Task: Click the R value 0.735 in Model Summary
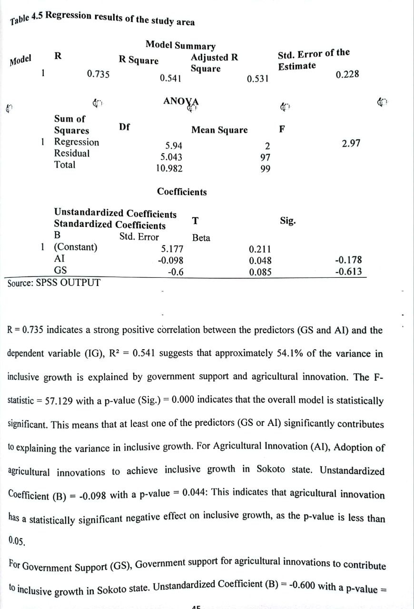(x=99, y=74)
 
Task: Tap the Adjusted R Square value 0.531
(x=258, y=79)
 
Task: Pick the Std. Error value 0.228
(x=347, y=74)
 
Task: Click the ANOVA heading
(x=181, y=101)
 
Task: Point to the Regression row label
(x=77, y=142)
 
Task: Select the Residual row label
(x=71, y=154)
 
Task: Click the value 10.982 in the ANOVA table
(x=169, y=168)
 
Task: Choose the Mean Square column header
(x=219, y=130)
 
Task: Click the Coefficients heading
(x=182, y=192)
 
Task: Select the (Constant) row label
(x=75, y=247)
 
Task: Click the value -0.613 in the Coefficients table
(x=348, y=272)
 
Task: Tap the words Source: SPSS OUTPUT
(x=54, y=283)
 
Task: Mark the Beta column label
(x=201, y=238)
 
